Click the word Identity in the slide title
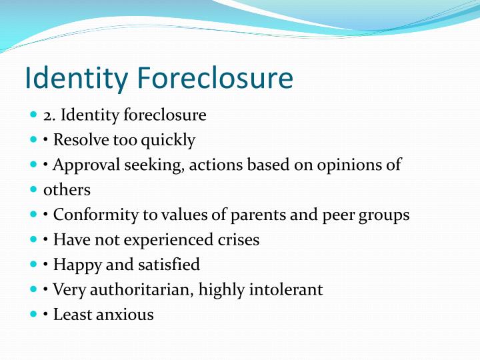(x=77, y=79)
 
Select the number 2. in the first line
(x=50, y=115)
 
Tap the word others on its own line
(x=67, y=190)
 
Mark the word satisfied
(x=169, y=265)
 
